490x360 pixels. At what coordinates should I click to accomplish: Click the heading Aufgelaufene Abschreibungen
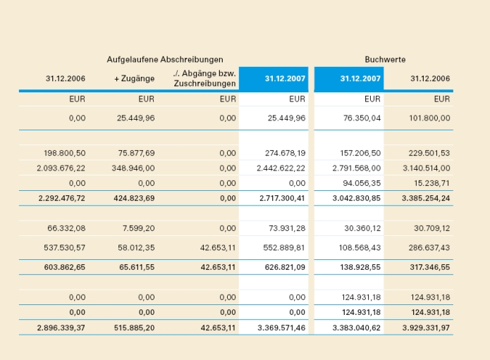[165, 59]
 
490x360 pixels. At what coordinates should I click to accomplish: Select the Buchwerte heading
[385, 59]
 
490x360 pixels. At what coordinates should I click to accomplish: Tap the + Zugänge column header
[134, 78]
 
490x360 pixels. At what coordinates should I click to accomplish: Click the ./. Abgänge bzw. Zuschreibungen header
[204, 78]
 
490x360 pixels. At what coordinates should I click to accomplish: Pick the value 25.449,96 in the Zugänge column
[135, 118]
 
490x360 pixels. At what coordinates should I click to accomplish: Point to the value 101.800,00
[429, 118]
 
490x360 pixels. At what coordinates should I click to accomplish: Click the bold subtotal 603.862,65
[62, 268]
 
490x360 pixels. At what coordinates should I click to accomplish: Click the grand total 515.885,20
[134, 328]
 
